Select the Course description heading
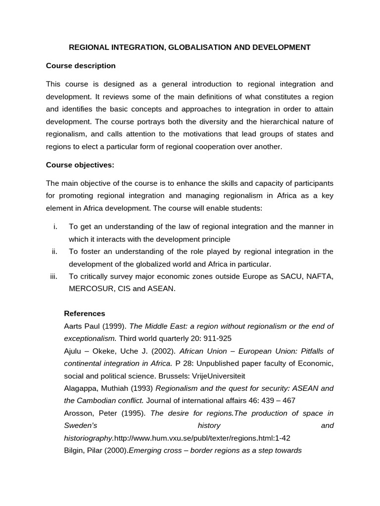[81, 66]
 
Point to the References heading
[85, 313]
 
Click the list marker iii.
[54, 276]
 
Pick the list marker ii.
[55, 252]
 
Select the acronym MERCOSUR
[91, 289]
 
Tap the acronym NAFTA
[320, 276]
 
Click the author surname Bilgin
[75, 450]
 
